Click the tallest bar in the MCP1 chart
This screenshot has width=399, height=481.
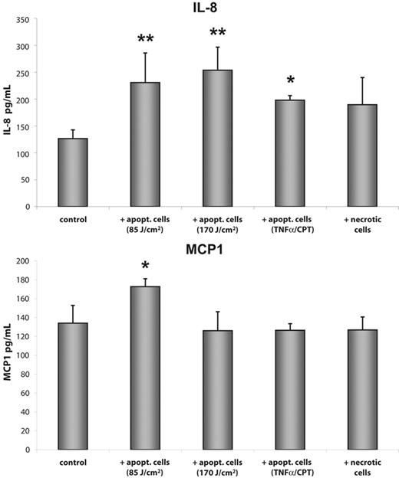[x=143, y=368]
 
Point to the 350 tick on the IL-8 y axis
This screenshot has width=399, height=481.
[x=29, y=19]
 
